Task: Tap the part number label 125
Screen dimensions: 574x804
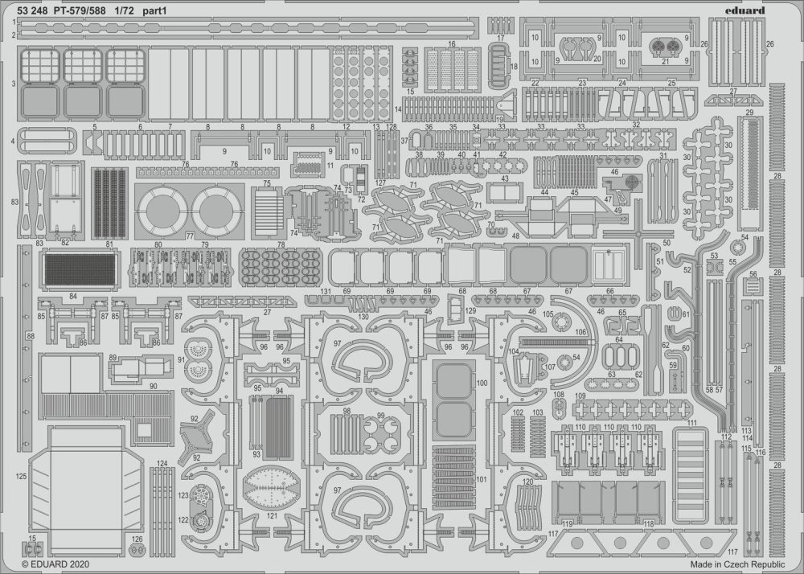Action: (21, 478)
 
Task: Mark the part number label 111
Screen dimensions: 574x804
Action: (692, 424)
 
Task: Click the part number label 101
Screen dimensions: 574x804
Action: (482, 479)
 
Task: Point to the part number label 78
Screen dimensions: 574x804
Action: (281, 244)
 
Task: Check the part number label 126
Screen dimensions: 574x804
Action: (137, 539)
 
